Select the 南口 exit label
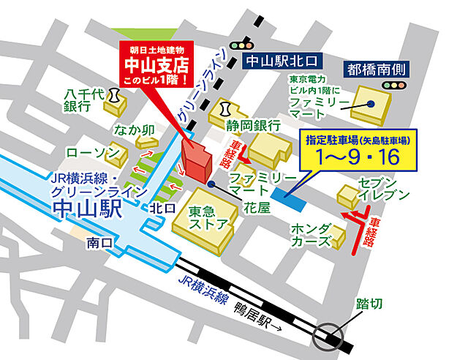(x=98, y=241)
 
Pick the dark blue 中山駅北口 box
(x=282, y=62)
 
